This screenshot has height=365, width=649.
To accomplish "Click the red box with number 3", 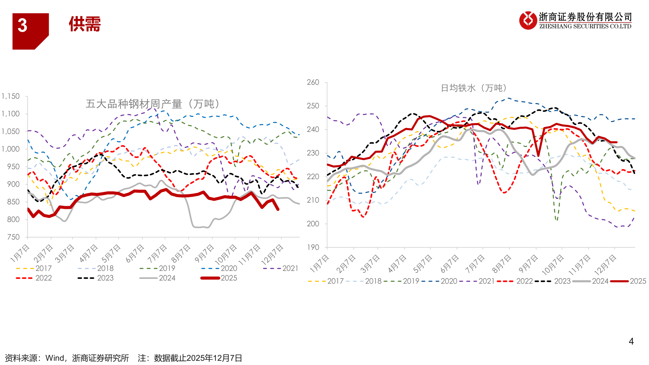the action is tap(30, 31).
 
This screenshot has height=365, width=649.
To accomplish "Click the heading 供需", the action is tap(85, 24).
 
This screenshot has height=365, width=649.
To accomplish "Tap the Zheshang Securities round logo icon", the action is tap(528, 20).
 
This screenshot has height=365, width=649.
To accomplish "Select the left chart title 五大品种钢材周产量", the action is tap(134, 104).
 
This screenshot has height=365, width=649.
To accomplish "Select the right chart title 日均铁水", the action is tap(458, 88).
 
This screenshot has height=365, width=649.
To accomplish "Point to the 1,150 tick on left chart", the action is tap(10, 96).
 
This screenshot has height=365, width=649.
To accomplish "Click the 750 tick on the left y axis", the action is tap(13, 237).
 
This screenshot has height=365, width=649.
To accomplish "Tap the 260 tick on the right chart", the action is tap(313, 82).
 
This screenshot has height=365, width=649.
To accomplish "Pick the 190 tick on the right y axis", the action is tap(313, 247).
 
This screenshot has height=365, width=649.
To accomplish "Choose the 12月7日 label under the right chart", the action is tap(605, 265).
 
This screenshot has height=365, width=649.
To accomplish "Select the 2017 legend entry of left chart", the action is tap(34, 268).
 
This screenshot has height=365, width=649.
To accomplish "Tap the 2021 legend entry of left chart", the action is tap(281, 268).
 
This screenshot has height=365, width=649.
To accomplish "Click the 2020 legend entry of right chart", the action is tap(439, 281).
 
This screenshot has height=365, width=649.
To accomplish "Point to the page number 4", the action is tap(631, 341).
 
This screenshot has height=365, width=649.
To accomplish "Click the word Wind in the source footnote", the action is tap(55, 358).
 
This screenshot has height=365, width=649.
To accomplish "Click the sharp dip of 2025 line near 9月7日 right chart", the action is tap(538, 155).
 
